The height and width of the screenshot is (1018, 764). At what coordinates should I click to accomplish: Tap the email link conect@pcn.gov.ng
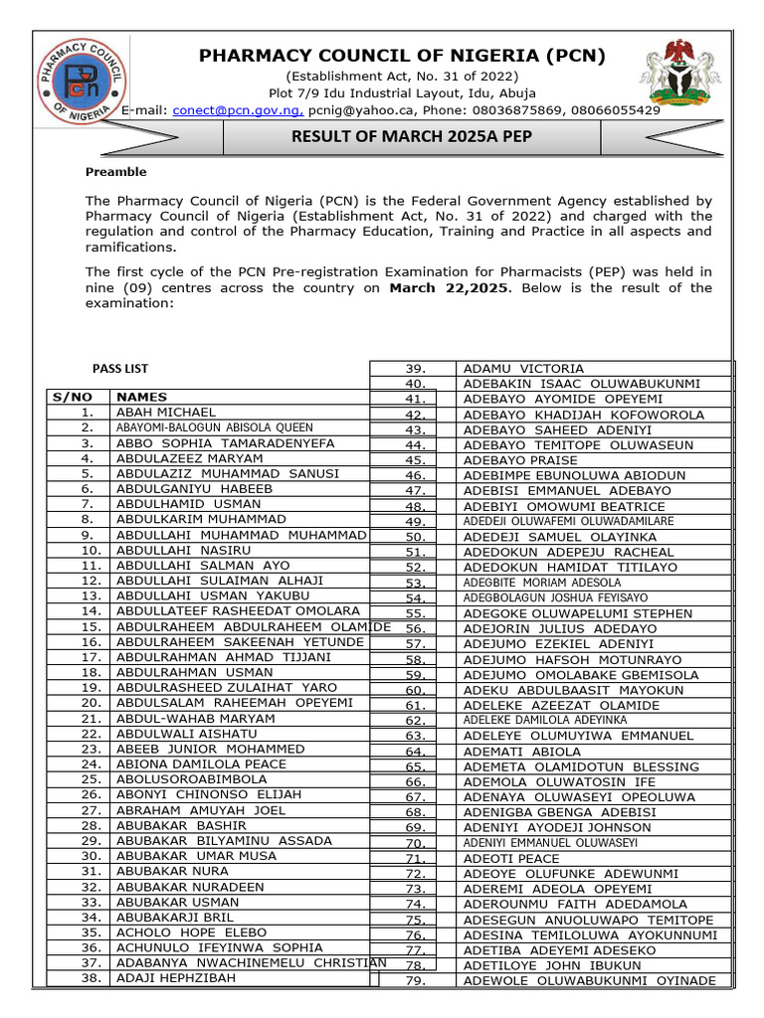pos(239,110)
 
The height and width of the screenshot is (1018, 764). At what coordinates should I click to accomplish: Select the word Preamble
pos(115,172)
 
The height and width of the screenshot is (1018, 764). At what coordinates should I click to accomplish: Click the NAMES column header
pos(142,397)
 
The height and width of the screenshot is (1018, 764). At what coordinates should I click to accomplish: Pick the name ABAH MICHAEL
pos(165,412)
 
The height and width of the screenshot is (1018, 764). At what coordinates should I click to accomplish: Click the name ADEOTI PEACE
pos(511,858)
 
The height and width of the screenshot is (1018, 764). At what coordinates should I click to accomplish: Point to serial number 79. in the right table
pos(416,981)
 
